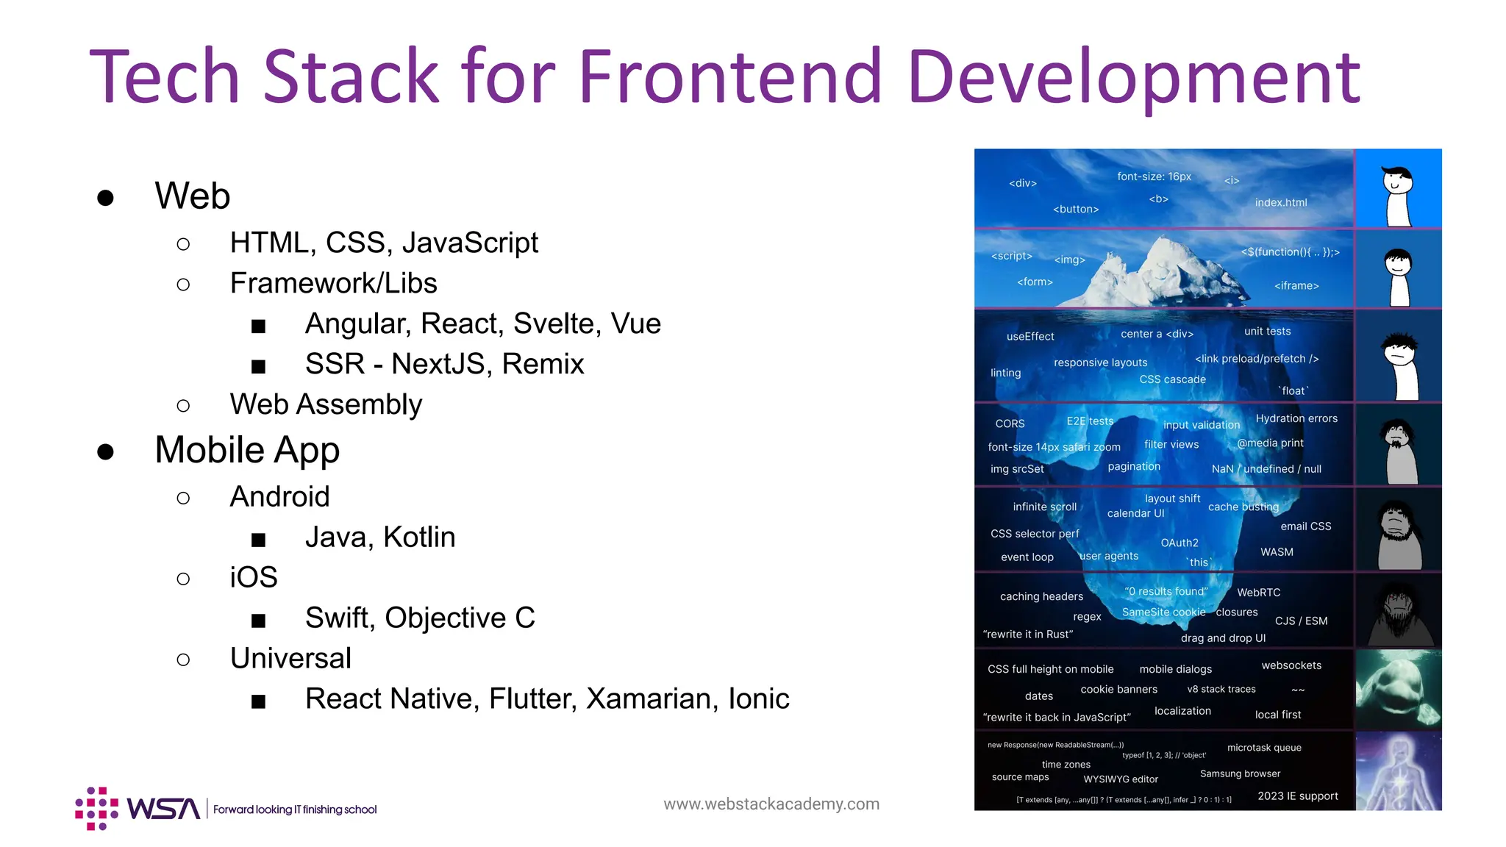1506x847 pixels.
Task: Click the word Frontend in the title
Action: point(729,76)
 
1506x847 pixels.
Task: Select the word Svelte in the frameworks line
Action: point(554,324)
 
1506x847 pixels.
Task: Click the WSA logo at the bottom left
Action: point(138,809)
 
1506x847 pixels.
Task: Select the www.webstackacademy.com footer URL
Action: point(771,804)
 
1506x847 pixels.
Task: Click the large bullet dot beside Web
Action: point(106,197)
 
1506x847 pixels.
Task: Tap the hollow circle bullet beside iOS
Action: point(183,579)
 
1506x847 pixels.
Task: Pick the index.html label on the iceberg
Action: point(1281,203)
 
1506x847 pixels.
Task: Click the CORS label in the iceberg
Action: point(1010,423)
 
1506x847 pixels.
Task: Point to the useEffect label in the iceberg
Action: point(1030,337)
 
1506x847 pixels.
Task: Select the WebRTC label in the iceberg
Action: point(1258,593)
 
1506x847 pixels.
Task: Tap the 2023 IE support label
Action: point(1298,796)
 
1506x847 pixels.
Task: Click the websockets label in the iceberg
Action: point(1291,665)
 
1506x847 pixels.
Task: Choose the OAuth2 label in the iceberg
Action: point(1180,543)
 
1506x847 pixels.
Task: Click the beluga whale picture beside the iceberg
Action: point(1398,690)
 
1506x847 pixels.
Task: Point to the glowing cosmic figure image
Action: point(1398,771)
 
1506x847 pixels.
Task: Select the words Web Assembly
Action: point(326,404)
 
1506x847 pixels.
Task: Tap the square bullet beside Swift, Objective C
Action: point(258,621)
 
